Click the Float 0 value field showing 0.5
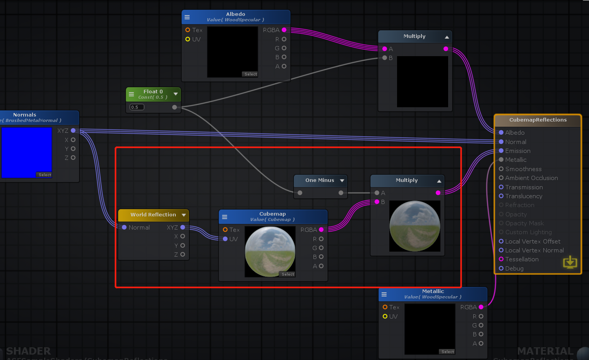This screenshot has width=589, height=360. click(x=137, y=107)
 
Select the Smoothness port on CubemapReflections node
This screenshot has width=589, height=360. click(x=501, y=169)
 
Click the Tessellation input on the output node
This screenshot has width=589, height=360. click(x=501, y=259)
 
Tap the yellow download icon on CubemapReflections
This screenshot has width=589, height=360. click(x=570, y=262)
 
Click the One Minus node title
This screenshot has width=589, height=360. click(x=319, y=180)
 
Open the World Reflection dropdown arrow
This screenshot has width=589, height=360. click(x=184, y=215)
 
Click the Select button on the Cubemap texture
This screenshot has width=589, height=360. click(x=288, y=274)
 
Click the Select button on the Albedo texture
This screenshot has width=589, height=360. click(x=251, y=74)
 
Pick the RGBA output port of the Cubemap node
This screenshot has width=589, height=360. click(x=321, y=230)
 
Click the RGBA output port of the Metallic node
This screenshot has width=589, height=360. click(x=481, y=307)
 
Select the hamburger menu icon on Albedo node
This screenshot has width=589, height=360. click(x=187, y=17)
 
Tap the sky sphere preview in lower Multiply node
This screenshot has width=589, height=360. click(x=414, y=226)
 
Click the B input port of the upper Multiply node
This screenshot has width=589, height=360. click(x=385, y=58)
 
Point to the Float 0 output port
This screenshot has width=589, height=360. click(x=175, y=107)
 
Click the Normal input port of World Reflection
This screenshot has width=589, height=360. click(x=124, y=227)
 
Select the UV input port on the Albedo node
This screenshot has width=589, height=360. click(x=188, y=39)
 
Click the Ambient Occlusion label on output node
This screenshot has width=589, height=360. click(x=531, y=178)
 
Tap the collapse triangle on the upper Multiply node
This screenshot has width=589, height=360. click(x=447, y=37)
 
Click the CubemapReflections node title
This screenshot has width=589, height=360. click(x=538, y=120)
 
